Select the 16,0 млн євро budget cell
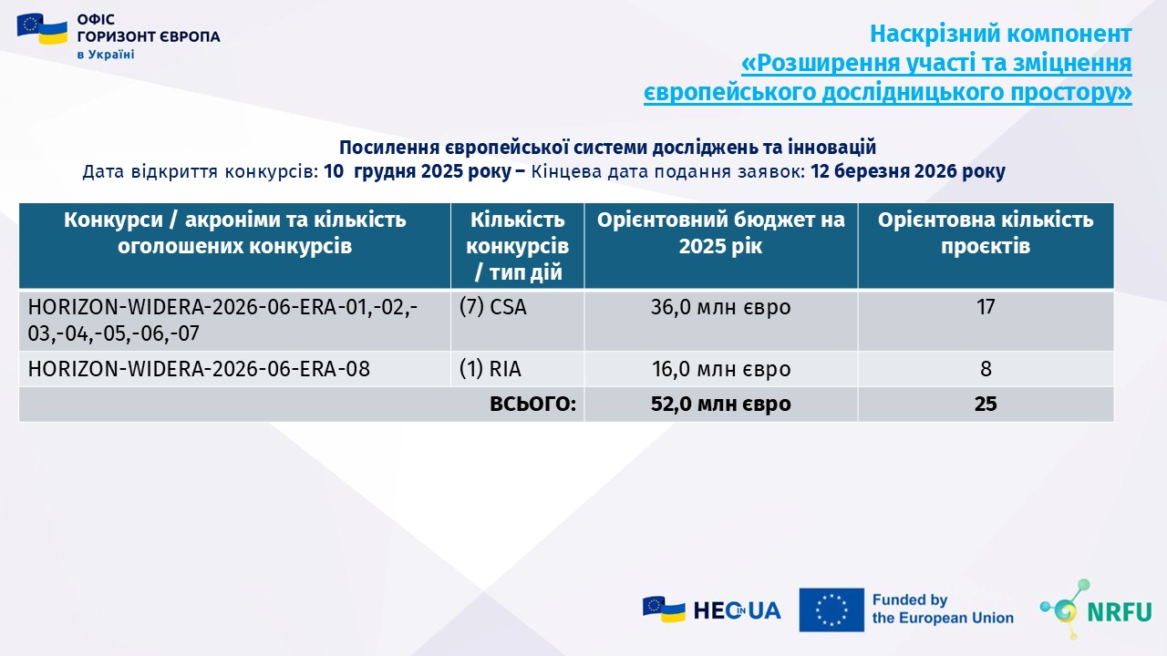coord(721,369)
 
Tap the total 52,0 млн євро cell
coord(720,404)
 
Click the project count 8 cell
coord(986,369)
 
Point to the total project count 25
coord(986,404)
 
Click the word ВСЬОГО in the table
coord(533,404)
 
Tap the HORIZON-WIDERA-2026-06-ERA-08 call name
coord(199,369)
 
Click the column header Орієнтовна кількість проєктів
coord(986,232)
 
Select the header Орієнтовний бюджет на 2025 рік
coord(720,232)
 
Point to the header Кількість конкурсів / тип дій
coord(517,246)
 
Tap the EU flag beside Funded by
coord(831,610)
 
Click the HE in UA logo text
coord(738,610)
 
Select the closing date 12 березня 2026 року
coord(908,171)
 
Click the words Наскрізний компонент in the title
coord(1001,35)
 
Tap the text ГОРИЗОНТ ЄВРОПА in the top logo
coord(149,36)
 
